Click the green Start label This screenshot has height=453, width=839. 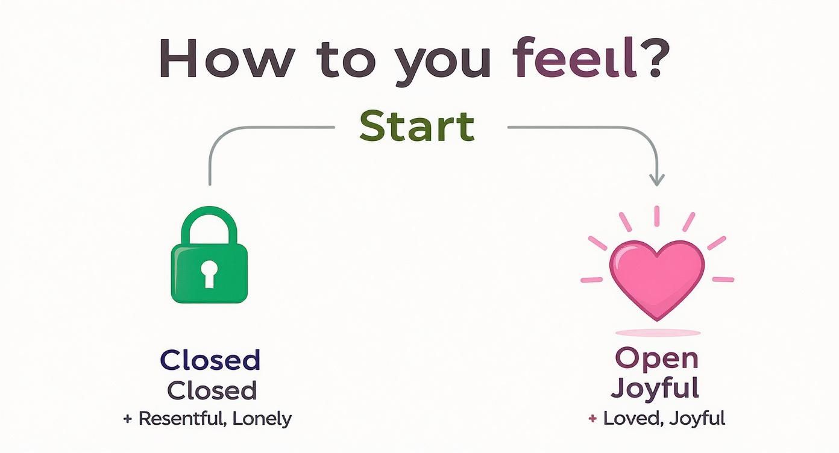417,127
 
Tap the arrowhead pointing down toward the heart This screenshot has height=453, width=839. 656,179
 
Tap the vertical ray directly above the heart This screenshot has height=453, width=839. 656,216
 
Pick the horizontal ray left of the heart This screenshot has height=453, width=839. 591,280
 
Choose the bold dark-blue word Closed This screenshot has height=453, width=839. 210,360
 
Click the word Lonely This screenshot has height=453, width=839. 263,419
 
